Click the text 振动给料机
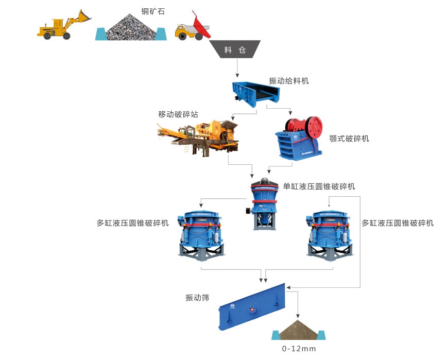[x=288, y=81]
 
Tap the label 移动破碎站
[x=178, y=114]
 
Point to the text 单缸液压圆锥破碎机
[x=319, y=186]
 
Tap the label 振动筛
[x=197, y=298]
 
